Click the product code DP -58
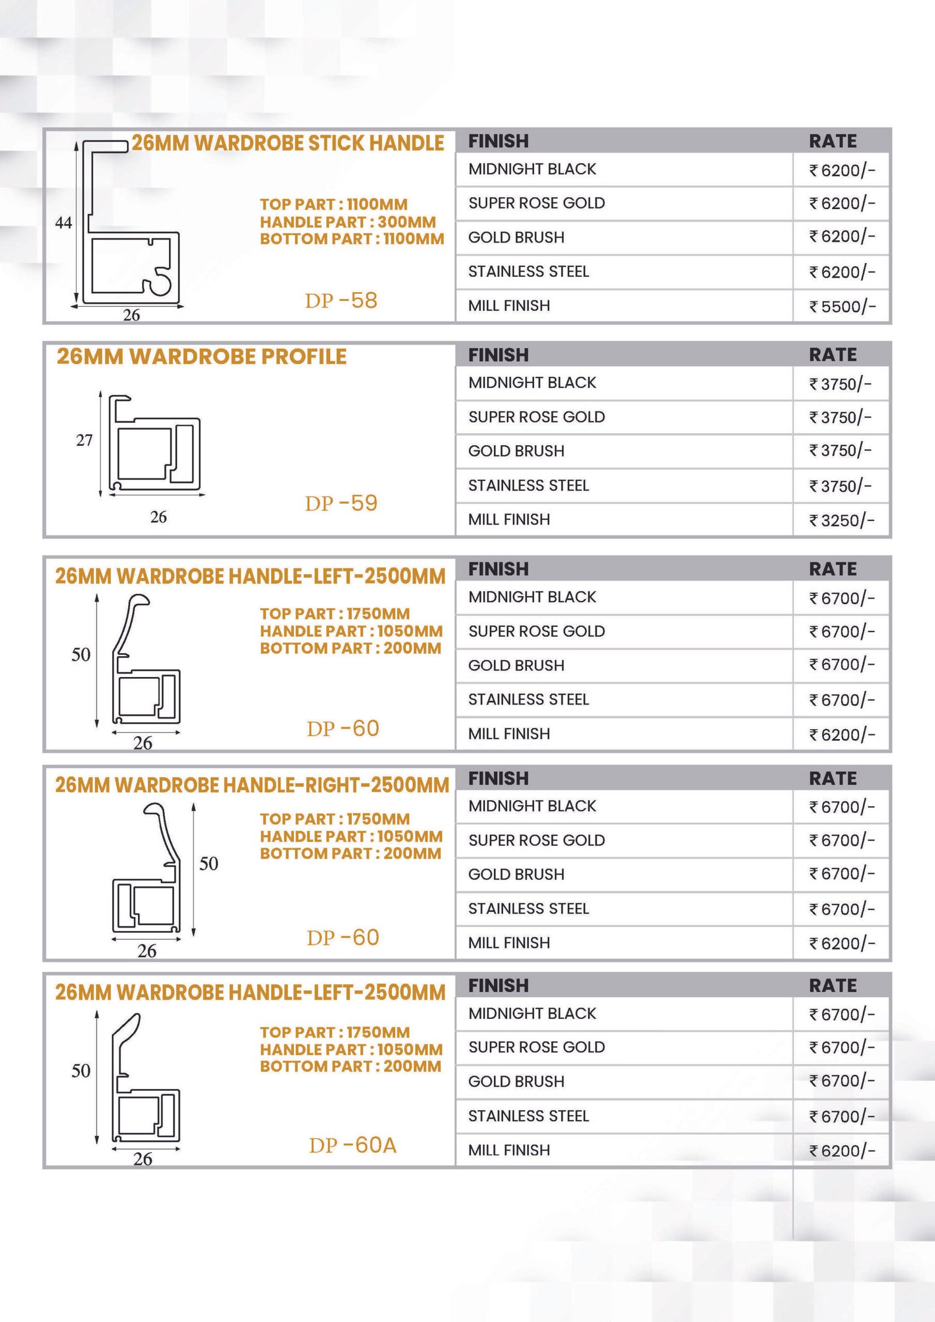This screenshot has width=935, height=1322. coord(341,300)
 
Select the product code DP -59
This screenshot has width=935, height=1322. coord(341,503)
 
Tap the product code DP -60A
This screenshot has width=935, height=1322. coord(352,1145)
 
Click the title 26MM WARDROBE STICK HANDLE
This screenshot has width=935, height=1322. coord(288,143)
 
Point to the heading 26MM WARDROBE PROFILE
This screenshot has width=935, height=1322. coord(202,356)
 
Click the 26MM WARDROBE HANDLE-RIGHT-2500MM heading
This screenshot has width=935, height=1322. coord(252,785)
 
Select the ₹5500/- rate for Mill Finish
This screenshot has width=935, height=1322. coord(841,306)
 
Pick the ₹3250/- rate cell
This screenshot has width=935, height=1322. coord(841,520)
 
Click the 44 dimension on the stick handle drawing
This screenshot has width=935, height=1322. coord(64,223)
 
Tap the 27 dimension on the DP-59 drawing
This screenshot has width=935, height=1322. coord(84,440)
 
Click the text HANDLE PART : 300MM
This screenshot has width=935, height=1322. coord(348,222)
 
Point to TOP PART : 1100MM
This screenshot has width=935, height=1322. coord(334,204)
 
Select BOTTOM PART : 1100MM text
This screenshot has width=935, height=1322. coord(352,239)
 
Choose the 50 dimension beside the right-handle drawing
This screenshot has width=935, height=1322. coord(209,863)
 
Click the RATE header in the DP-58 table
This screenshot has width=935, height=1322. coord(832,141)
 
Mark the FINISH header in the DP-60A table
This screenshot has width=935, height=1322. coord(498,986)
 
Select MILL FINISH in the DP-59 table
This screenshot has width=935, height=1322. coord(509,519)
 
